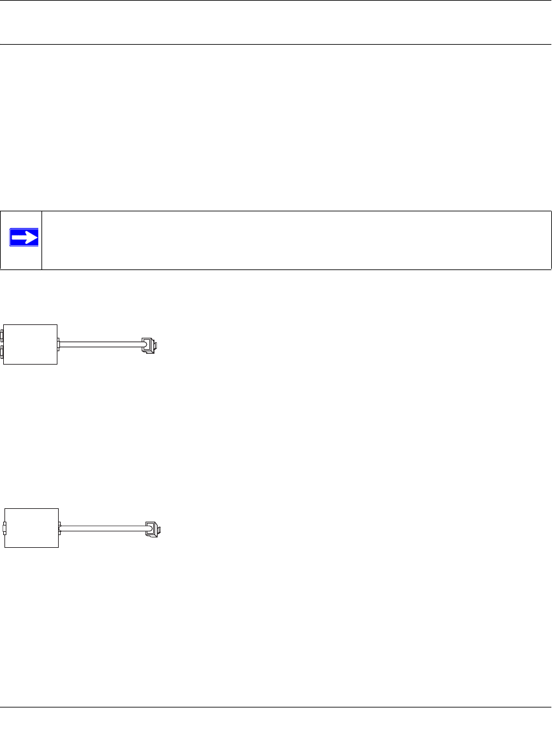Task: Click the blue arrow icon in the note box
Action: click(24, 238)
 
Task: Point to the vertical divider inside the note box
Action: click(41, 240)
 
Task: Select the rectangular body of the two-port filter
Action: click(31, 344)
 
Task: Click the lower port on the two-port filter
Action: click(3, 352)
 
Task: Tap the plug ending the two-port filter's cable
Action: click(149, 345)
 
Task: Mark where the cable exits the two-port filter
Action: click(58, 345)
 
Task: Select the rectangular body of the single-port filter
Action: click(32, 527)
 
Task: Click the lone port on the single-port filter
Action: click(4, 528)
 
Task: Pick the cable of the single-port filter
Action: click(102, 528)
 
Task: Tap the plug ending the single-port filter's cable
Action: click(152, 529)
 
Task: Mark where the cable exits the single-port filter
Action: click(59, 528)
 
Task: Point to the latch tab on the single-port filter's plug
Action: click(160, 529)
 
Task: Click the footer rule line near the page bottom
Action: click(276, 707)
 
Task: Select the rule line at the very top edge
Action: click(276, 1)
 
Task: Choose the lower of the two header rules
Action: click(276, 44)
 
